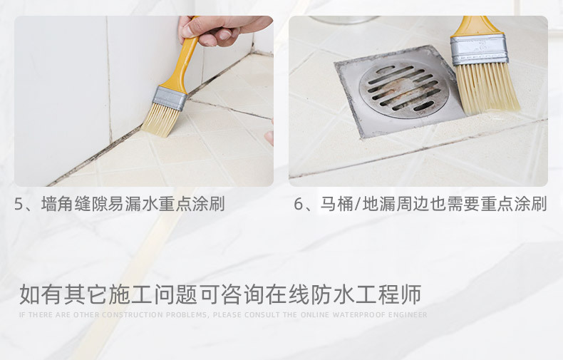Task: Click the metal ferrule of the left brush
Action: click(170, 98)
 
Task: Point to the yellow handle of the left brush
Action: click(186, 64)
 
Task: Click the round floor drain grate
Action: click(403, 90)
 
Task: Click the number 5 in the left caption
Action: click(19, 205)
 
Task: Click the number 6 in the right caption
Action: click(299, 205)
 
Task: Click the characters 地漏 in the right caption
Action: click(378, 205)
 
